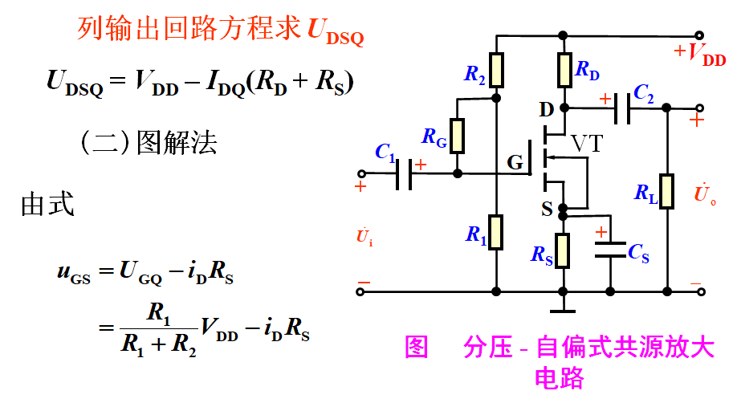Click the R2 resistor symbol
click(498, 70)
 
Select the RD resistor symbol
click(564, 70)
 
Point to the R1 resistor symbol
click(498, 232)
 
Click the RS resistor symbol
click(564, 250)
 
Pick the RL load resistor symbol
click(666, 191)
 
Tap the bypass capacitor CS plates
click(610, 249)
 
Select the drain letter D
click(547, 108)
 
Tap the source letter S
click(547, 210)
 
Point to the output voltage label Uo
click(702, 194)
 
